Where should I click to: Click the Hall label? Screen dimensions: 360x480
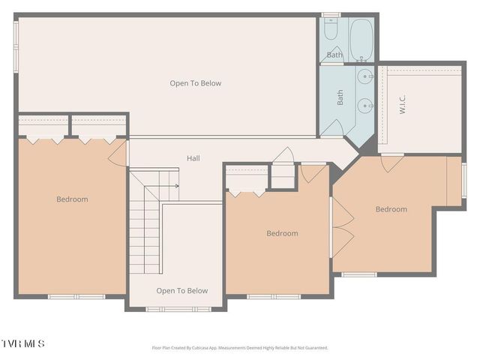pos(193,158)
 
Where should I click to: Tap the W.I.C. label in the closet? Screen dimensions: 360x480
pos(402,104)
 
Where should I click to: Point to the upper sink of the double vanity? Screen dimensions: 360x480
pos(366,76)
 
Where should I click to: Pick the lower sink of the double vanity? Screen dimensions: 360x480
pos(366,105)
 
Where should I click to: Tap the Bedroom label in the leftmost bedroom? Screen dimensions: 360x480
pos(72,199)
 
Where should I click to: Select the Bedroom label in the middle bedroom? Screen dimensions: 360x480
pos(282,233)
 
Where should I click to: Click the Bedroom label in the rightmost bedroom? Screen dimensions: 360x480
pos(391,209)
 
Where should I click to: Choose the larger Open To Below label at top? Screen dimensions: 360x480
pos(195,83)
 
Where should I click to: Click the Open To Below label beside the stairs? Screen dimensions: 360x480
pos(181,291)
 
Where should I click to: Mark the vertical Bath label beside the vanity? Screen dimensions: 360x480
pos(340,97)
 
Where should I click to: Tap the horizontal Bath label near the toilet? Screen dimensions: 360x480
pos(334,55)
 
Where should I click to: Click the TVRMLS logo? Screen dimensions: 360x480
pos(23,343)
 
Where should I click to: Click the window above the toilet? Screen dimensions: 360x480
pos(331,15)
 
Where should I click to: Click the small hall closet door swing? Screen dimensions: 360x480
pos(283,157)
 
